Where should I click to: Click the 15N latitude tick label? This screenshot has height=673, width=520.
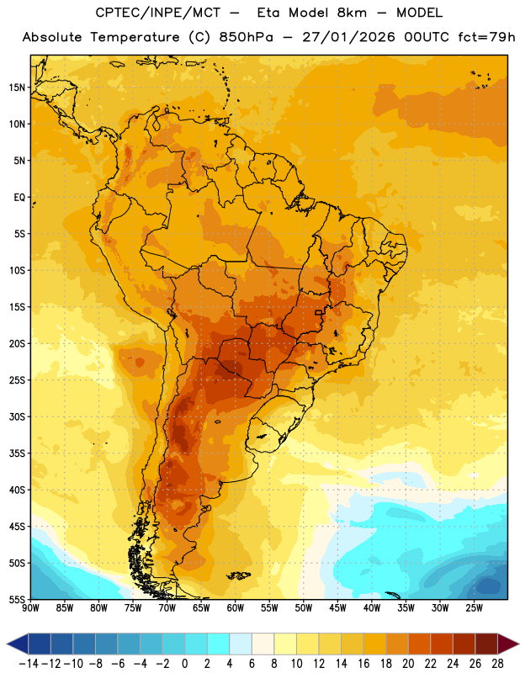[x=17, y=87]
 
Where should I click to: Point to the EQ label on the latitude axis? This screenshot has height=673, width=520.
[x=19, y=198]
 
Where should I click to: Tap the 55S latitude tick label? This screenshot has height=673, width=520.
[x=17, y=599]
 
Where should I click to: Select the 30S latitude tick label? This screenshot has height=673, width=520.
[x=17, y=416]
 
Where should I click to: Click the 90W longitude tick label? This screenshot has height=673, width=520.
[x=31, y=608]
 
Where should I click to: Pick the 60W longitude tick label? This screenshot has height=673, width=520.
[x=236, y=608]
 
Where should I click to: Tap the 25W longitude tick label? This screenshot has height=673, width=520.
[x=474, y=608]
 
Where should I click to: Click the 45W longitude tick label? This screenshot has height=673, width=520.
[x=337, y=608]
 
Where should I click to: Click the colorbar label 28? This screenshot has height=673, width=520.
[x=497, y=664]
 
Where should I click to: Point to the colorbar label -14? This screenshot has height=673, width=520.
[x=29, y=664]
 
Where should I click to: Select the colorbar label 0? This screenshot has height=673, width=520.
[x=184, y=664]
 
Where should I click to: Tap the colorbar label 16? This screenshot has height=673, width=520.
[x=363, y=664]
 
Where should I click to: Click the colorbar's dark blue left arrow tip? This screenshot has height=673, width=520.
[x=7, y=644]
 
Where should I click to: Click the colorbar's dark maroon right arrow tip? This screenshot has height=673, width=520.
[x=518, y=644]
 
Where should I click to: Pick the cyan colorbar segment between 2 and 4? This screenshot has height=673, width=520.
[x=218, y=644]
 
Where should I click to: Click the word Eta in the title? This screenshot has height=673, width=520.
[x=268, y=13]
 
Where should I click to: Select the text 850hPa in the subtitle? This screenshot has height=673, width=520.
[x=246, y=37]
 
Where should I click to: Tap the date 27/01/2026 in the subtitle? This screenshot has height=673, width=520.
[x=348, y=37]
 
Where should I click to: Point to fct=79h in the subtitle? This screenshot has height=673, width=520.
[x=486, y=37]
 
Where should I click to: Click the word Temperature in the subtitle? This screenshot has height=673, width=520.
[x=135, y=37]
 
